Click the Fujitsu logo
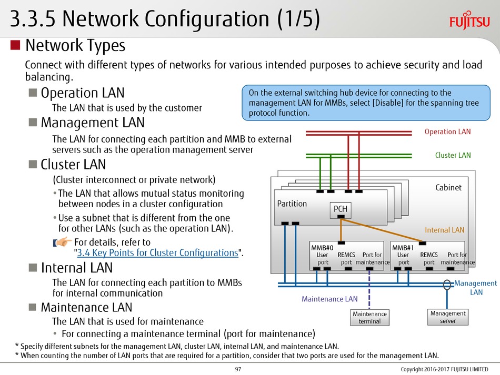469,21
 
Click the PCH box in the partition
340,210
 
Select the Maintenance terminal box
369,318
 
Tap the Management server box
448,317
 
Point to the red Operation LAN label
447,131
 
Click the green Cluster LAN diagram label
453,155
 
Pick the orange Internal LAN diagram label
445,230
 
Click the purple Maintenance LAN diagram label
329,299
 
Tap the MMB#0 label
322,248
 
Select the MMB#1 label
403,248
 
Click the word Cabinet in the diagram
448,187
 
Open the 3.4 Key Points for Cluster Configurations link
157,252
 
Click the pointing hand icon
62,242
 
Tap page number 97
238,369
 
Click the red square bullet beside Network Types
15,45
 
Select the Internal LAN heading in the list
77,268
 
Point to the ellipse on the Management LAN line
447,285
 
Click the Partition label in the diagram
292,204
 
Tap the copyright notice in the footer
445,369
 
